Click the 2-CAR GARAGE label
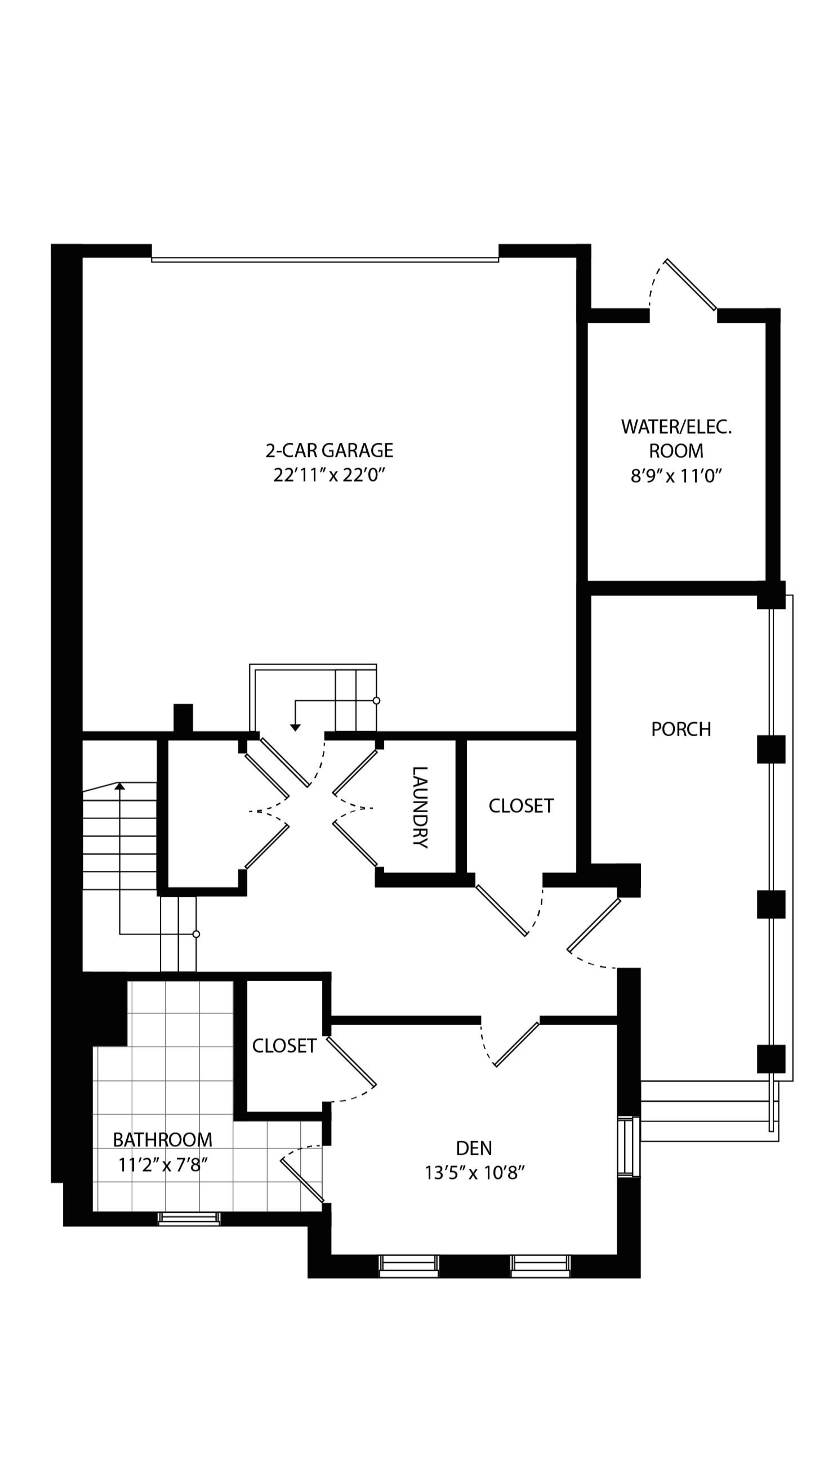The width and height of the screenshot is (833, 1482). click(329, 451)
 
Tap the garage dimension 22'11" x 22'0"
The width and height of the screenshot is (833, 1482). click(329, 475)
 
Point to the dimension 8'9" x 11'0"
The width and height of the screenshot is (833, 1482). click(676, 476)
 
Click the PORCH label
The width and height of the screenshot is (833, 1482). click(681, 729)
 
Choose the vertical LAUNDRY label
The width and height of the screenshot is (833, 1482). click(421, 807)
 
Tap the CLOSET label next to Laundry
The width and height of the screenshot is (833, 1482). click(521, 806)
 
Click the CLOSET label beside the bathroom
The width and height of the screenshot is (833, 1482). click(284, 1046)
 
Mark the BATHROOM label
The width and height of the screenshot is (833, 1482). click(163, 1140)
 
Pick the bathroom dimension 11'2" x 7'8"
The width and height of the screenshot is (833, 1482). click(163, 1164)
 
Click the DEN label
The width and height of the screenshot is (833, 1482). click(474, 1149)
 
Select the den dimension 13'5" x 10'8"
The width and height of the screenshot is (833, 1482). click(474, 1173)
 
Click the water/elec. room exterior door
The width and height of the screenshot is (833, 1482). click(691, 285)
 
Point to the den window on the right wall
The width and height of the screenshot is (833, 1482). click(628, 1147)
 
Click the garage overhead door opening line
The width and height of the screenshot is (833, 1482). click(325, 260)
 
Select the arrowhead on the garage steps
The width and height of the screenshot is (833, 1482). click(295, 728)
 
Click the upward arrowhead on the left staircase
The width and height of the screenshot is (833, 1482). click(119, 786)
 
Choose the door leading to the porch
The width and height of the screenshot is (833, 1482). click(594, 924)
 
